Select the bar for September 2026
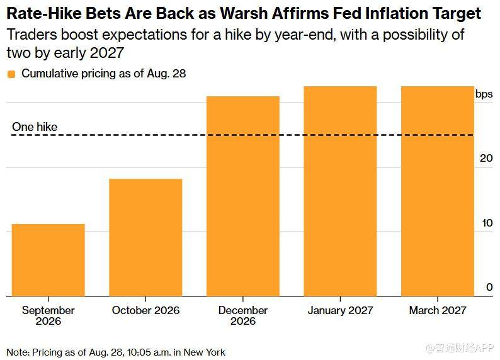[x=48, y=260]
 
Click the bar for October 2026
[x=145, y=237]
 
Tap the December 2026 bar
[x=243, y=196]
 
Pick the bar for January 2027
[x=340, y=191]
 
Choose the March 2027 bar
[x=438, y=191]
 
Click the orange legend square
[x=11, y=74]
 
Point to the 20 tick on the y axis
[x=486, y=158]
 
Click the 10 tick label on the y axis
[x=487, y=223]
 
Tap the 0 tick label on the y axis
[x=489, y=287]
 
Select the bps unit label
[x=484, y=94]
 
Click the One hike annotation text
[x=35, y=127]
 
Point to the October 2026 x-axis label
[x=145, y=310]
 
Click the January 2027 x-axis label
[x=340, y=310]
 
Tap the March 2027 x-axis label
[x=438, y=310]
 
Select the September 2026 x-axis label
[x=48, y=315]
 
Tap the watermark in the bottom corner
[x=460, y=348]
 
